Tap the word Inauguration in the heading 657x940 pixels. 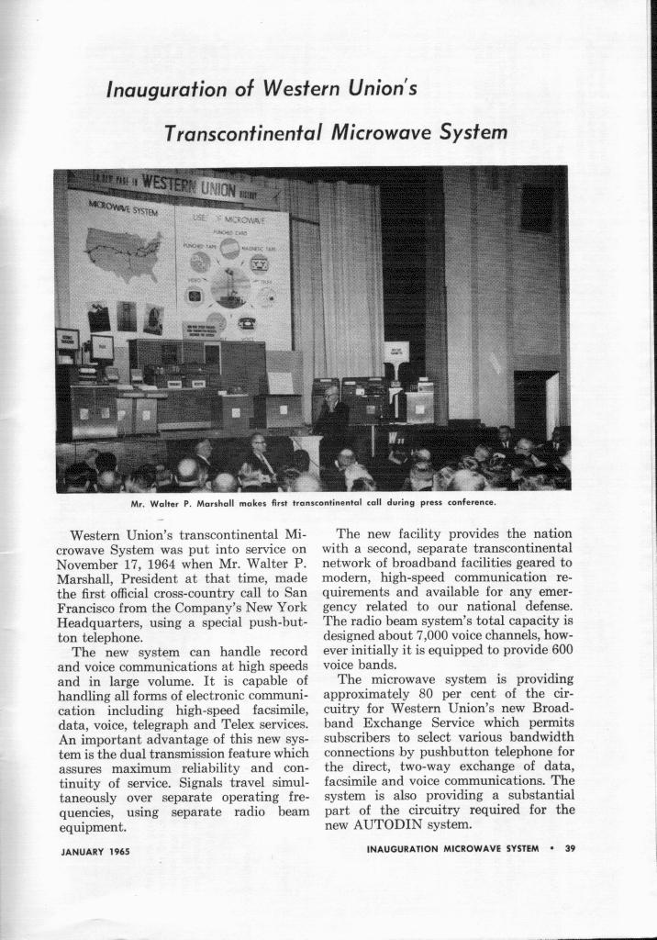click(x=165, y=90)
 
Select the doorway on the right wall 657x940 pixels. click(x=536, y=404)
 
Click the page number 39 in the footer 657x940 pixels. click(x=569, y=848)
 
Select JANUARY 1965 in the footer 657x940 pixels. click(x=95, y=851)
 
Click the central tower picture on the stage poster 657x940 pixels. click(x=229, y=286)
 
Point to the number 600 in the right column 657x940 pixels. click(x=559, y=645)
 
